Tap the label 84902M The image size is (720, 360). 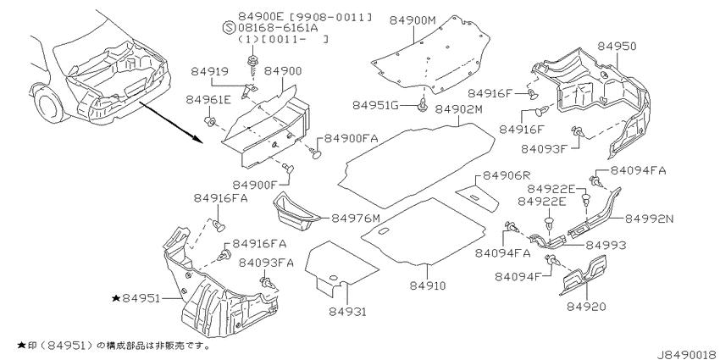[459, 109]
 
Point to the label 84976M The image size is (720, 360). [356, 217]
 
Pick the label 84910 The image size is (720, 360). [428, 285]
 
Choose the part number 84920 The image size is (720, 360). [586, 307]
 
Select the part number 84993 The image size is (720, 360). [605, 245]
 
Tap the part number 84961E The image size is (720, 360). [209, 100]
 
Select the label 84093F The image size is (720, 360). [545, 149]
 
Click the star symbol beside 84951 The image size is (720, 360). [116, 298]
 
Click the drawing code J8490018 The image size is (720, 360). [689, 354]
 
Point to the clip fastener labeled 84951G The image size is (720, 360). [422, 105]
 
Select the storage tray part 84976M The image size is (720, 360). [297, 211]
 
